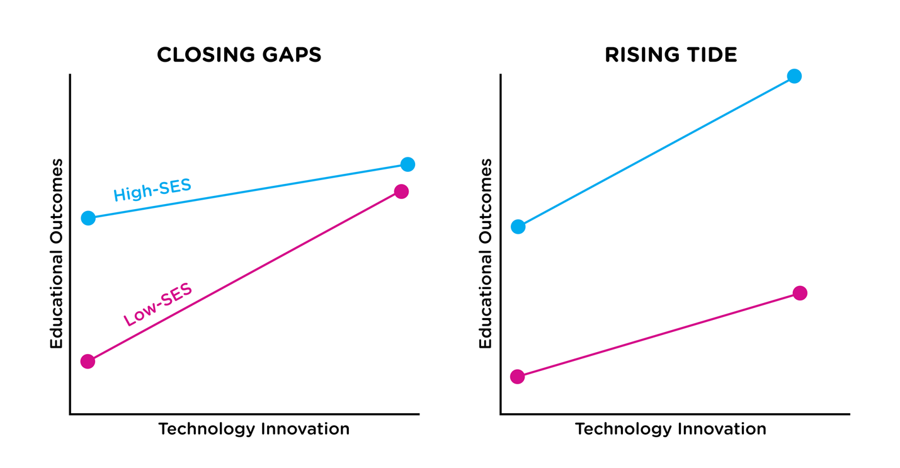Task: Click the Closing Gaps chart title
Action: [x=239, y=55]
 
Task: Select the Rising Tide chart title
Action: [x=671, y=55]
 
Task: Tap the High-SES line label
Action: [x=152, y=190]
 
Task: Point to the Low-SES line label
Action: [x=157, y=305]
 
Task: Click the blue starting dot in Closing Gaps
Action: [x=88, y=218]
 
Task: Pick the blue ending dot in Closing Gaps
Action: [x=407, y=164]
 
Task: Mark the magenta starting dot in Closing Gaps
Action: [x=88, y=361]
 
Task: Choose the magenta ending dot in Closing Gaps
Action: [x=401, y=191]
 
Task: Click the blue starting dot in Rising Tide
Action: [x=518, y=226]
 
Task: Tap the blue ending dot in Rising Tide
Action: [x=794, y=76]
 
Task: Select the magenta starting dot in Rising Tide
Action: [x=517, y=377]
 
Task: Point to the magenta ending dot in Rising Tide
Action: [x=800, y=293]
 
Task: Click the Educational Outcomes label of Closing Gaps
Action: [x=57, y=253]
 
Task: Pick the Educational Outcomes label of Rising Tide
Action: [x=485, y=253]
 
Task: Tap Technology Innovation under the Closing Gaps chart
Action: [x=254, y=429]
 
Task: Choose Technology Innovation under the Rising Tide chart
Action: [x=671, y=429]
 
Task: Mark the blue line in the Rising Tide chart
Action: [x=656, y=151]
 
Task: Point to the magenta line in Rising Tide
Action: [x=658, y=335]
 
